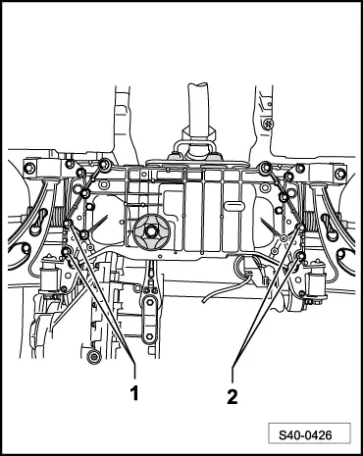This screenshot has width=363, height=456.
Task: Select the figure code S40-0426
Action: (x=312, y=432)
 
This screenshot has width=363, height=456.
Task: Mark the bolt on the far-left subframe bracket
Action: (x=29, y=169)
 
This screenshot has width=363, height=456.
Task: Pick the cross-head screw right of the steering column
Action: (x=271, y=125)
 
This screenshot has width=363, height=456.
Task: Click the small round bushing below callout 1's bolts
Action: (x=92, y=355)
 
